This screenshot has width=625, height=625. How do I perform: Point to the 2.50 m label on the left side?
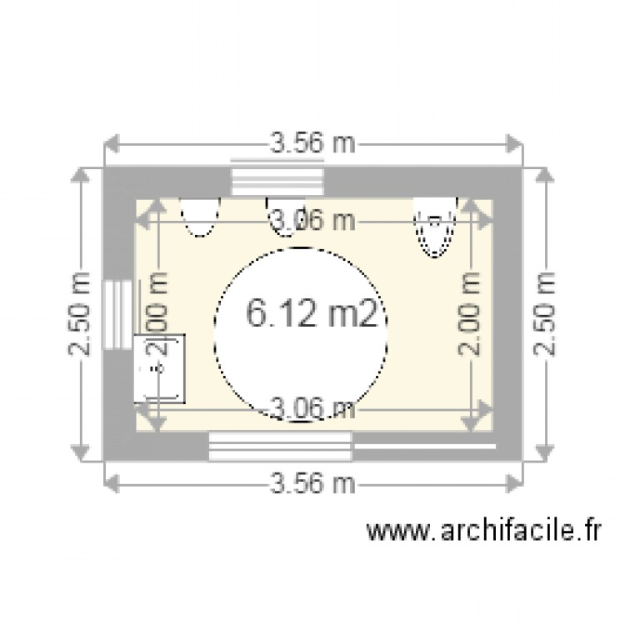click(80, 314)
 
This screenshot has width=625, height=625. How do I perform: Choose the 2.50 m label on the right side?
click(546, 314)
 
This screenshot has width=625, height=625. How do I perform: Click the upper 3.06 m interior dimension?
click(313, 221)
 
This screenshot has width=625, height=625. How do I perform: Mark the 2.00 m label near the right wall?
click(471, 315)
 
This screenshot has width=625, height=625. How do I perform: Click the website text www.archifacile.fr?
click(483, 530)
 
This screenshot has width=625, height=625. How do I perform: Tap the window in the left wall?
click(118, 312)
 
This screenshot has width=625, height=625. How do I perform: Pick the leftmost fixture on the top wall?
click(200, 217)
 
